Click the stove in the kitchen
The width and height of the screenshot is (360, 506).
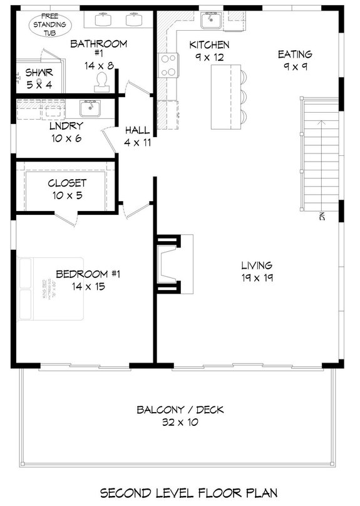point(168,65)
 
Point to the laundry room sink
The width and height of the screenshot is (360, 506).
point(90,109)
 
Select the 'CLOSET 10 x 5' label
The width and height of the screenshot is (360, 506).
point(67,189)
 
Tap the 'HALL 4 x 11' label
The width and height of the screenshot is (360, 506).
point(137,136)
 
